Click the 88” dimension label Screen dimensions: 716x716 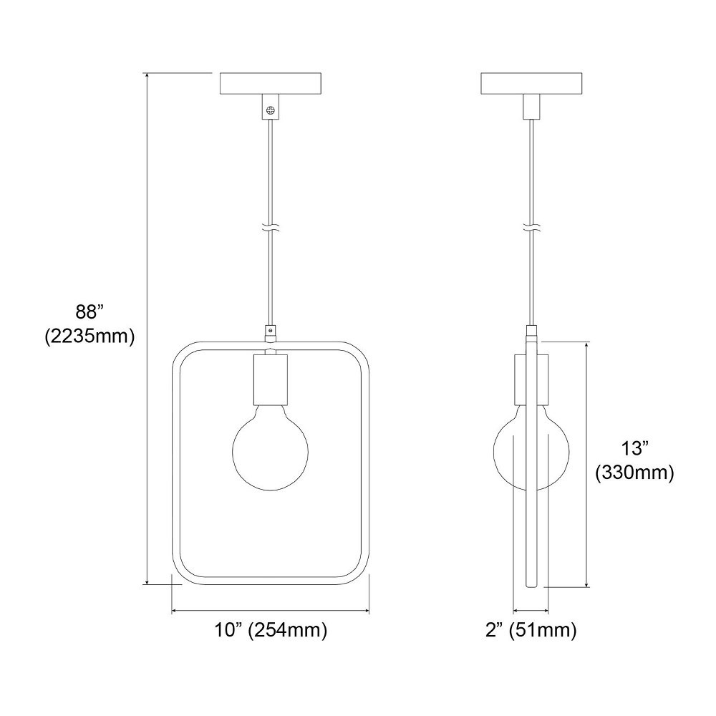click(90, 312)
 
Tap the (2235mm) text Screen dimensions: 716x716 click(90, 337)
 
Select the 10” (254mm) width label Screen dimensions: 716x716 click(271, 630)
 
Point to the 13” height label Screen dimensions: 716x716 click(634, 448)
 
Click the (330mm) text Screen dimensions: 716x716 click(634, 473)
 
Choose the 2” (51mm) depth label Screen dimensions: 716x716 click(531, 630)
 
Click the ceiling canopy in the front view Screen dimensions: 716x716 click(271, 84)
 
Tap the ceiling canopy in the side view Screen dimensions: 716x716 click(531, 84)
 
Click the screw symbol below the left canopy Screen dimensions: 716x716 click(271, 110)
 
